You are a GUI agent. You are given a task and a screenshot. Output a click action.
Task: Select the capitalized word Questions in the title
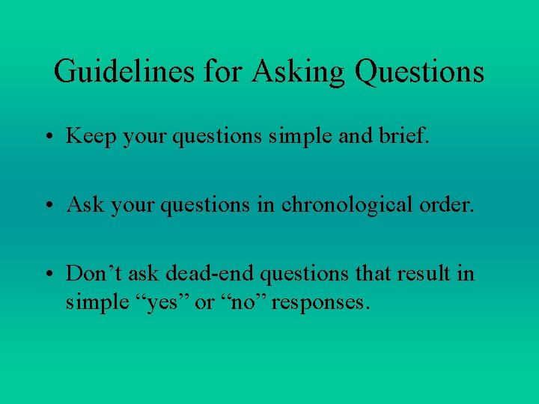click(419, 72)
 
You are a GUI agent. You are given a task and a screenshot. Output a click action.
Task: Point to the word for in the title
click(218, 72)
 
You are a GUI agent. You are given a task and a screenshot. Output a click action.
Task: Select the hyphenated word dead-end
click(202, 273)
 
